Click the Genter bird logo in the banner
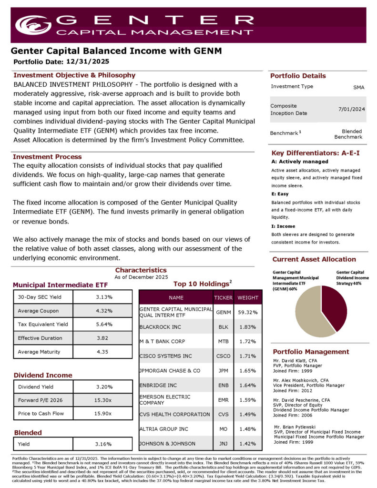pos(33,25)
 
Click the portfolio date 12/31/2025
pos(88,61)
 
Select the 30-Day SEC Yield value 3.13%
pos(103,297)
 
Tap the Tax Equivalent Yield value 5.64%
pos(103,325)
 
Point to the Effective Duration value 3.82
pos(103,338)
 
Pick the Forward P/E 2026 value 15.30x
pos(103,400)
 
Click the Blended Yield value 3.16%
pos(103,444)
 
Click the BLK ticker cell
pos(223,327)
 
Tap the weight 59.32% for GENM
pos(248,312)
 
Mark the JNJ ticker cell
pos(223,444)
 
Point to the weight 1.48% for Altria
pos(248,429)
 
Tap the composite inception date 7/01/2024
pos(352,109)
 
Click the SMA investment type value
pos(358,87)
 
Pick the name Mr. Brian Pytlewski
pos(295,427)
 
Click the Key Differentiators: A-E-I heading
pos(315,153)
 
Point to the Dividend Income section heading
pos(42,375)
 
